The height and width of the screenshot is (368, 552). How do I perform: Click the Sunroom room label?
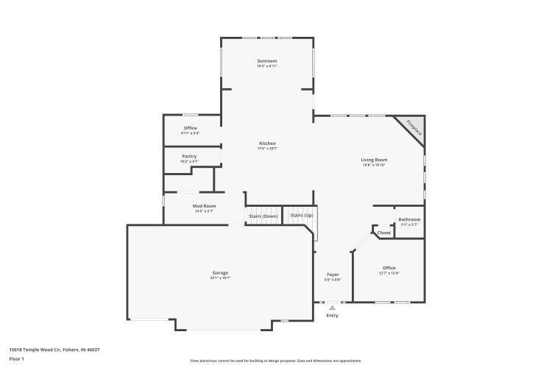[x=266, y=60]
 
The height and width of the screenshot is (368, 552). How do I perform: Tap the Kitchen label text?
[x=267, y=143]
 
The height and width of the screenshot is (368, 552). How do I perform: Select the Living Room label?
[x=374, y=160]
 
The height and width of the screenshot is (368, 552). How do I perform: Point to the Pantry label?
[x=190, y=156]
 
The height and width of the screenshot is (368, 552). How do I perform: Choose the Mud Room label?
[x=204, y=206]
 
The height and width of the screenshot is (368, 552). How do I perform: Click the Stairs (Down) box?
[x=263, y=216]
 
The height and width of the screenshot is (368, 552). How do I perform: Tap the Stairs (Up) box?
[x=301, y=215]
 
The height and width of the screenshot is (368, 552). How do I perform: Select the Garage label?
[x=221, y=273]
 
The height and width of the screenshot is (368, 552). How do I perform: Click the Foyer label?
[x=333, y=275]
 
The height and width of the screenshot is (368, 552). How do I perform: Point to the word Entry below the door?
[x=333, y=316]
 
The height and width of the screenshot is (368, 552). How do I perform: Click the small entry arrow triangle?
[x=333, y=308]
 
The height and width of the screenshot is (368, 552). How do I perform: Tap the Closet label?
[x=384, y=233]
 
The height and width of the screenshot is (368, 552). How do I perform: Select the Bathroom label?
[x=409, y=219]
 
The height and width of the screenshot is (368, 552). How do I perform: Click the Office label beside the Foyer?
[x=389, y=268]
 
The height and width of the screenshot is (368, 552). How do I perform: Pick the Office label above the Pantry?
[x=191, y=128]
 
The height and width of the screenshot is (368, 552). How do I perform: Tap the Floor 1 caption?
[x=17, y=358]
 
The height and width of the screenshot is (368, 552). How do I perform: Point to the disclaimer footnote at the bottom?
[x=276, y=361]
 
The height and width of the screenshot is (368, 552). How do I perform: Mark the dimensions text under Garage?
[x=221, y=278]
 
